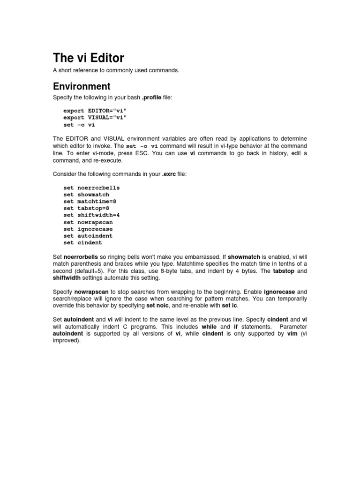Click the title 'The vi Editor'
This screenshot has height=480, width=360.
coord(89,58)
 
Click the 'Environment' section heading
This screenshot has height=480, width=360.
coord(82,86)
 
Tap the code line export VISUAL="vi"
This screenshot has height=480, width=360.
coord(95,118)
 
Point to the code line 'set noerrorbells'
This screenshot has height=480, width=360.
coord(91,187)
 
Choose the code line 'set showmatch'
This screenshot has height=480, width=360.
coord(86,195)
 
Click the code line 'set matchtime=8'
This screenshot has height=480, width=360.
coord(90,201)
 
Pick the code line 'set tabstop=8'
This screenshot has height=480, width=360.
coord(86,208)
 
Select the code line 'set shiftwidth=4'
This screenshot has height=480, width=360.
coord(91,215)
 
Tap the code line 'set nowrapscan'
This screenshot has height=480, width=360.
coord(88,222)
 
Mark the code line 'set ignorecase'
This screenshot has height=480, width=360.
coord(88,229)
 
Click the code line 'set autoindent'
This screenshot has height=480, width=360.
coord(88,236)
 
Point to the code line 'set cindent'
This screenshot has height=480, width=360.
coord(83,243)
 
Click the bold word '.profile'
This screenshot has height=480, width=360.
coord(151,97)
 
